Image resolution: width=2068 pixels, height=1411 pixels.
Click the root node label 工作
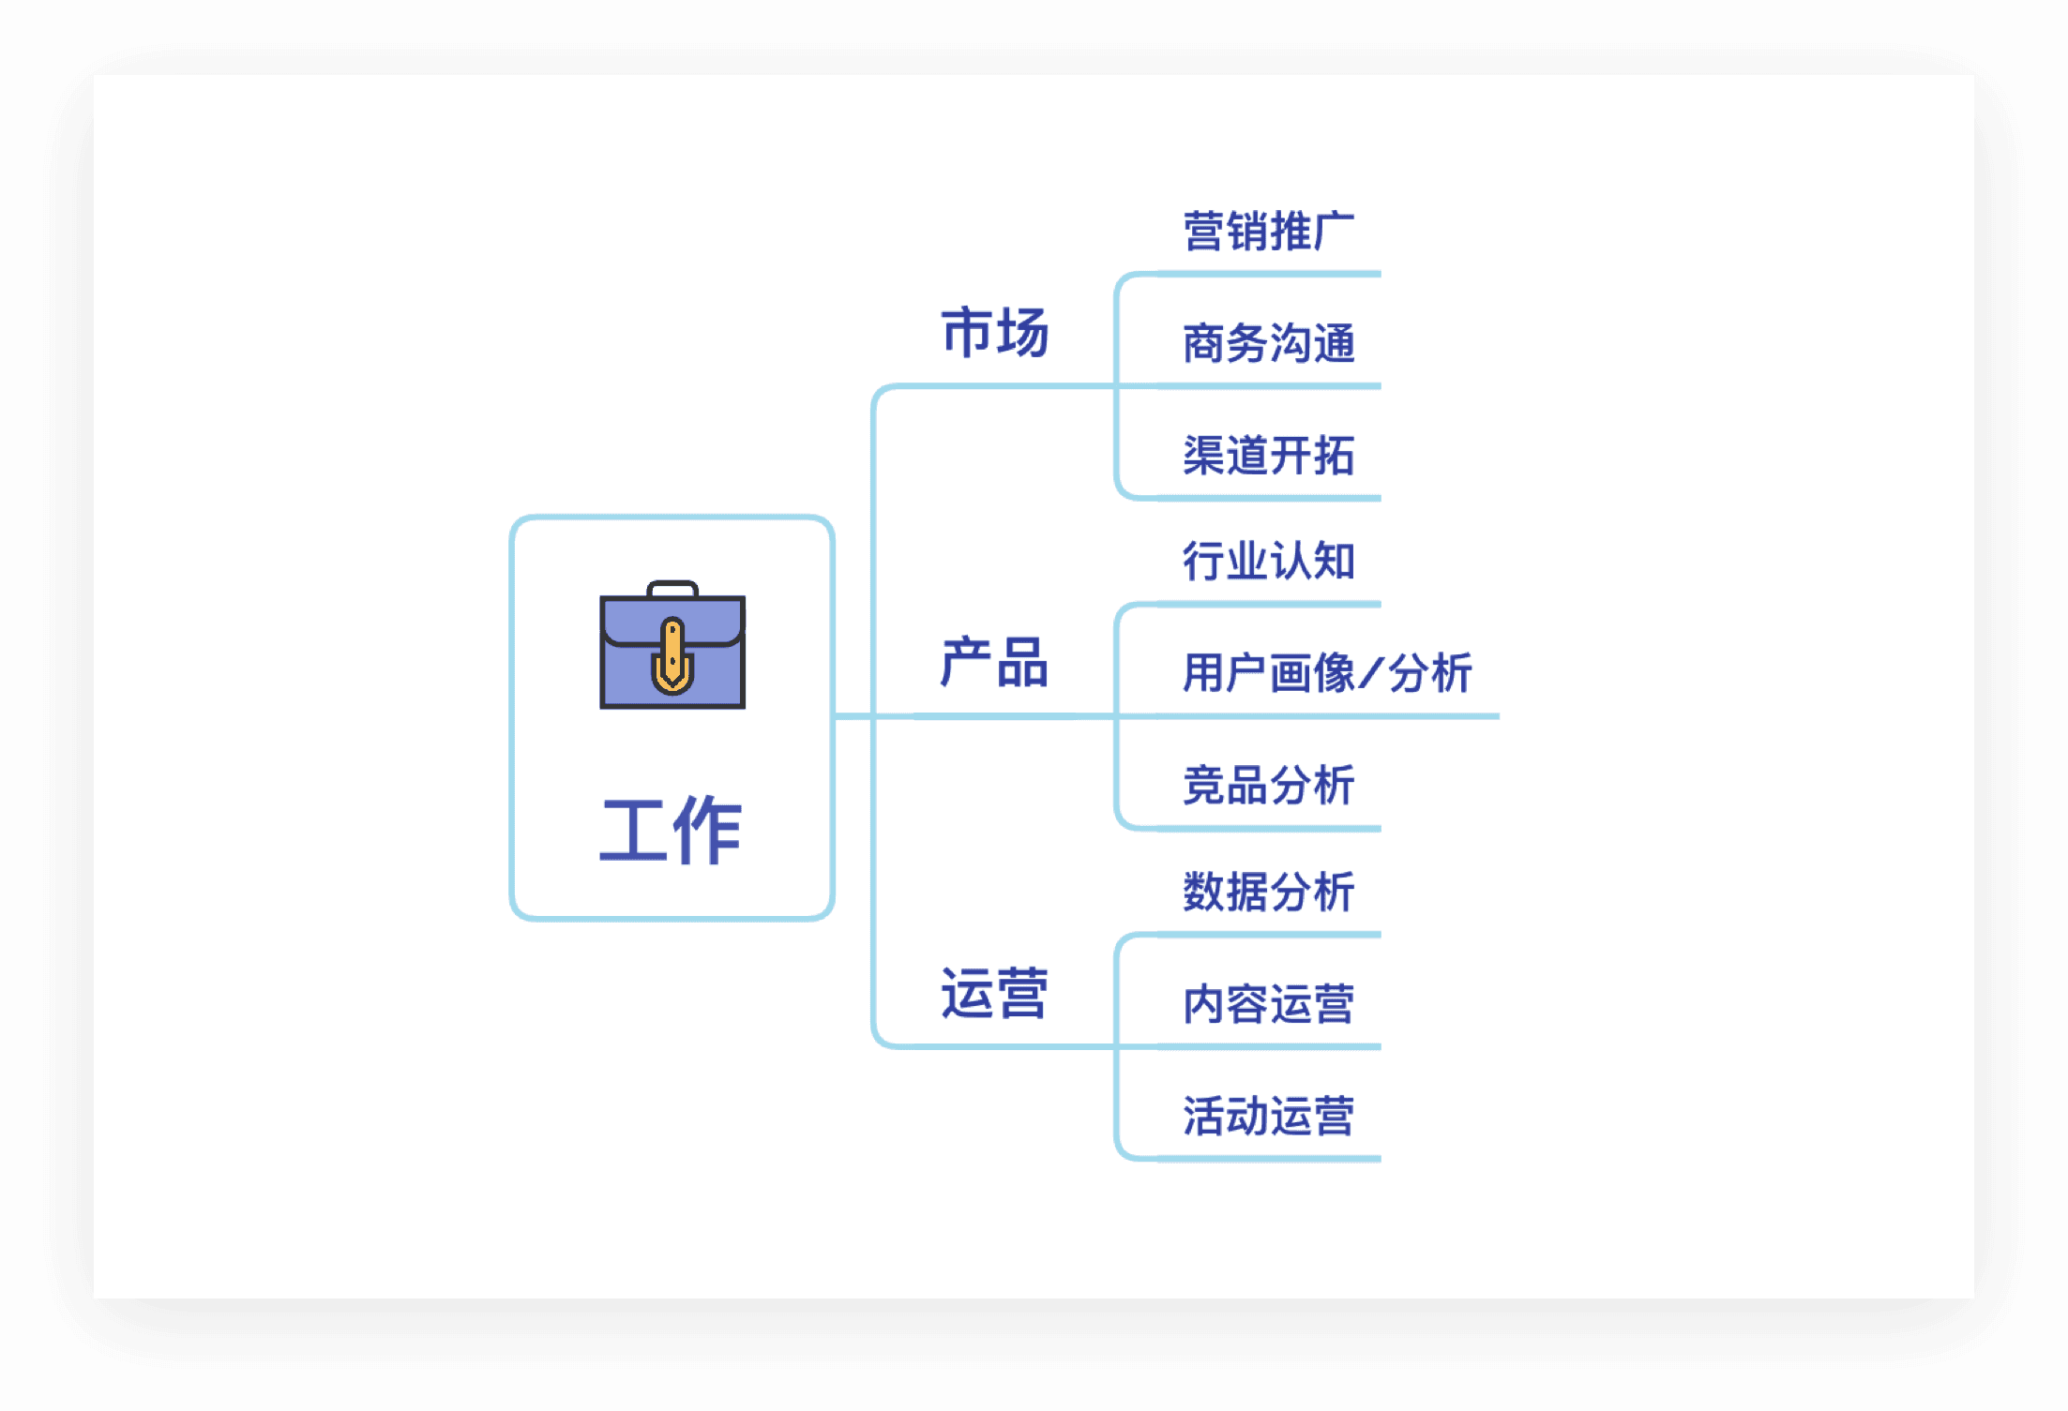click(671, 830)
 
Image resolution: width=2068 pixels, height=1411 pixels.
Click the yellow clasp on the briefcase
click(672, 656)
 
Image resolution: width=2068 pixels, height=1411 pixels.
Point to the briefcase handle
click(672, 588)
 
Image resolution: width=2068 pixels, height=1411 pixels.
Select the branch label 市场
click(994, 332)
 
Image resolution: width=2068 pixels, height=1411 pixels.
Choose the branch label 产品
click(994, 662)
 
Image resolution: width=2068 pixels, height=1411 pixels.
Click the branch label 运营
click(994, 993)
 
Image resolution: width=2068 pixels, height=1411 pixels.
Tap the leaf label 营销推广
click(1268, 231)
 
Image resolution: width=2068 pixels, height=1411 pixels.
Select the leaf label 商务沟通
click(1268, 343)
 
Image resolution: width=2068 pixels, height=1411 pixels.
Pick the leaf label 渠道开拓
click(1268, 456)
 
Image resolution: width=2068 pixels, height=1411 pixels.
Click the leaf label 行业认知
click(1268, 561)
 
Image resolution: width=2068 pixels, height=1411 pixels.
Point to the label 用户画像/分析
click(1327, 673)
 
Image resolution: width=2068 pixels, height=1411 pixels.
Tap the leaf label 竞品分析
click(1268, 786)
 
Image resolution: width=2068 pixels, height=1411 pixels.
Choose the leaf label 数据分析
click(1268, 892)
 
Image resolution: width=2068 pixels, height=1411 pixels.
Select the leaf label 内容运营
click(1268, 1004)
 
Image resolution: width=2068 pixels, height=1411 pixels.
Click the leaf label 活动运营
click(1268, 1117)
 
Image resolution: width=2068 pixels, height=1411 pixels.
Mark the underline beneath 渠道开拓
click(1266, 498)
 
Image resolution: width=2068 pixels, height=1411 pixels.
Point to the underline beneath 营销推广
click(1266, 274)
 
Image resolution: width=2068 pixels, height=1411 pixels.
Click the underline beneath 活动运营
click(1266, 1159)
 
